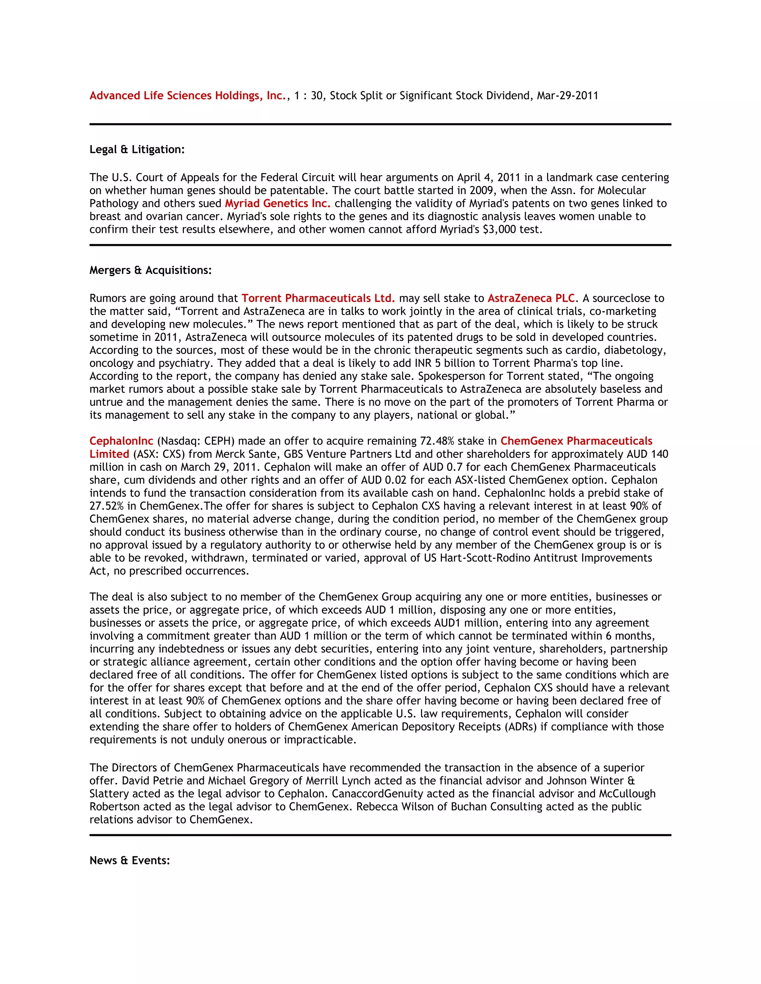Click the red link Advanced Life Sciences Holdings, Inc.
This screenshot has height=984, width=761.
(188, 95)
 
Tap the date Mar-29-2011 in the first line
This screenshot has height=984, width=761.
(567, 95)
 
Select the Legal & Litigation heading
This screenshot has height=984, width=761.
(137, 150)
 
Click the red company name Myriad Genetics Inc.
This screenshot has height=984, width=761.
(278, 203)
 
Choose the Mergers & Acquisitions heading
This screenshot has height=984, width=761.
(150, 270)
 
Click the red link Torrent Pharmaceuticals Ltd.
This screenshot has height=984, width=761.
(318, 298)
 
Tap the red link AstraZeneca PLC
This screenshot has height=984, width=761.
(531, 298)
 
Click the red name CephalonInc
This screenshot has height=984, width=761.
(121, 441)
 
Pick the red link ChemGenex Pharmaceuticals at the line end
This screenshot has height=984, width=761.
(576, 441)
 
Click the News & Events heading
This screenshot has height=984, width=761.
(130, 861)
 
